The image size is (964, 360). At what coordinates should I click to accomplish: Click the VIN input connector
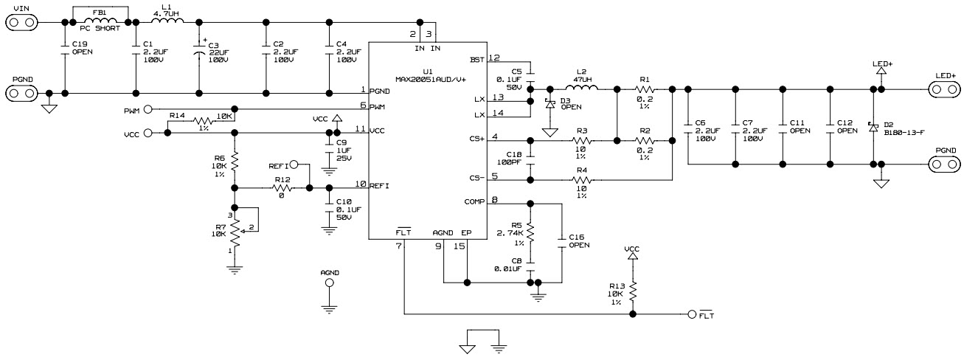(21, 22)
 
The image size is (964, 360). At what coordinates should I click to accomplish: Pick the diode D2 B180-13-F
(874, 126)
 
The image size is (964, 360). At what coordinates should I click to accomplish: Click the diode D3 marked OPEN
(549, 104)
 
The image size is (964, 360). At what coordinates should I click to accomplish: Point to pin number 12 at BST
(494, 58)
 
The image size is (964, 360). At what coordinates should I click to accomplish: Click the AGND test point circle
(329, 283)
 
